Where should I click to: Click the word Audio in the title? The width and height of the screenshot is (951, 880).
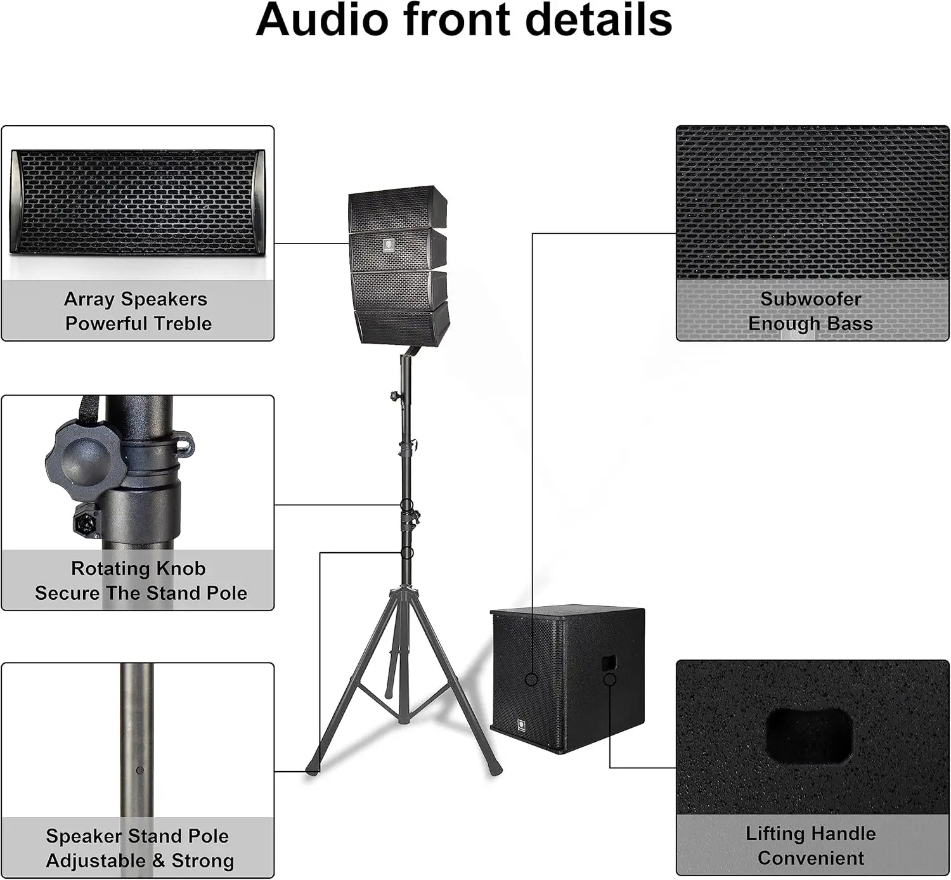[x=321, y=20]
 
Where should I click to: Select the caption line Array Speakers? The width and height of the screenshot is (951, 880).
[x=136, y=299]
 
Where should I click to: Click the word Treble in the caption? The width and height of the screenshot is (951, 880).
[x=183, y=323]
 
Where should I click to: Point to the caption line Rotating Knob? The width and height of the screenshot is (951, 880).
[x=138, y=568]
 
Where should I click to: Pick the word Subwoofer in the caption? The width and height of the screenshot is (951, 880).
[x=810, y=299]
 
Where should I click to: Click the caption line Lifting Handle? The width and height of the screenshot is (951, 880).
[x=810, y=833]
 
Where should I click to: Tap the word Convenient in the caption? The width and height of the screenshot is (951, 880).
[x=810, y=858]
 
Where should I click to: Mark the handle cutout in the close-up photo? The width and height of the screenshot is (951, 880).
[x=810, y=735]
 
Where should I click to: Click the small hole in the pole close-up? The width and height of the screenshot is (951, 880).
[x=140, y=770]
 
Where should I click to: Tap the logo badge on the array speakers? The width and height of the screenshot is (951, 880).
[x=388, y=245]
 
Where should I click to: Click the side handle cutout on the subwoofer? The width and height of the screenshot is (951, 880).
[x=609, y=663]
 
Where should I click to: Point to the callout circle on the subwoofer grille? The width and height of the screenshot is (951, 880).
[x=532, y=680]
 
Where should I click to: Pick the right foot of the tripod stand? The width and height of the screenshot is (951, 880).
[x=495, y=770]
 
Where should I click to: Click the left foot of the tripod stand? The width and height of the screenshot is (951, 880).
[x=311, y=770]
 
